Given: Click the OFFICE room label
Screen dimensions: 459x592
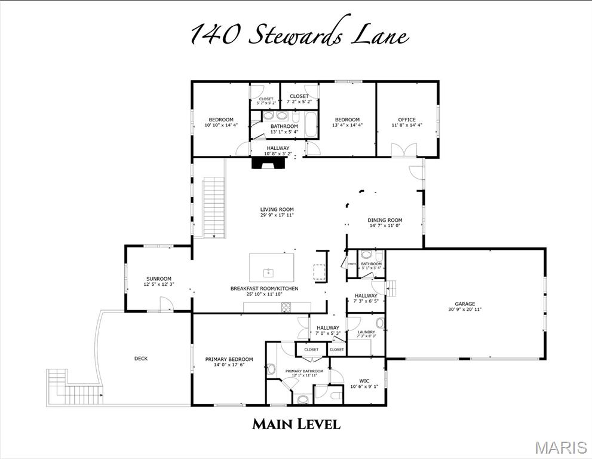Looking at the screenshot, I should point(407,120).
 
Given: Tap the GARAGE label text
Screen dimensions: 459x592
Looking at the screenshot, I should point(465,303).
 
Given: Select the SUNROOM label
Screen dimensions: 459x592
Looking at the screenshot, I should point(158,279).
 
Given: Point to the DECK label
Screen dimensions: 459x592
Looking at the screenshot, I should point(140,359).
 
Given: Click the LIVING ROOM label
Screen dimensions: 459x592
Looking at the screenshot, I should point(277,209).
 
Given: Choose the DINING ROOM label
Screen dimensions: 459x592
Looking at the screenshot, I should point(385,220).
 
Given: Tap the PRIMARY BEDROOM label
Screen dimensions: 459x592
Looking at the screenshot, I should point(229,359).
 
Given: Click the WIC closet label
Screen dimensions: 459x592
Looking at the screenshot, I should point(364,380).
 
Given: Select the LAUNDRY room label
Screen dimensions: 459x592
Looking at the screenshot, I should point(366,332).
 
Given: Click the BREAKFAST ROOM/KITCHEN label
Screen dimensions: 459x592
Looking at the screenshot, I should point(264,289).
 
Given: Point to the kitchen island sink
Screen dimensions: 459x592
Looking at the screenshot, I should point(269,273).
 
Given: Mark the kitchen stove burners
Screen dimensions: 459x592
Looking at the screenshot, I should point(286,307).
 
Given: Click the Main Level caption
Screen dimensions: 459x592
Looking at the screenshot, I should point(296,424).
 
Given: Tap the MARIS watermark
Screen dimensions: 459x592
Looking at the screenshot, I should point(561,447).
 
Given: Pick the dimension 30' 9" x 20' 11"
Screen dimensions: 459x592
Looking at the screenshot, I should point(465,310).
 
